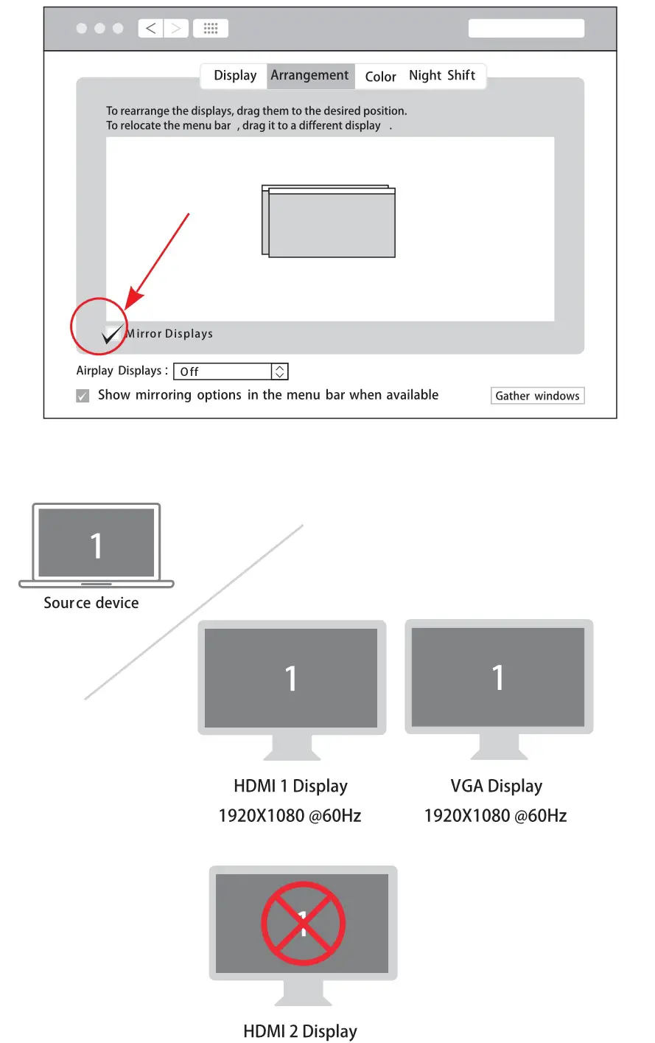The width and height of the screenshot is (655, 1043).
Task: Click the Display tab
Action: tap(235, 76)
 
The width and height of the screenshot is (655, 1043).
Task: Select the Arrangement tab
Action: tap(309, 76)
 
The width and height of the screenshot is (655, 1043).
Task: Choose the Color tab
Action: tap(380, 77)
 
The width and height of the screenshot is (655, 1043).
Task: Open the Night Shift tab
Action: tap(442, 76)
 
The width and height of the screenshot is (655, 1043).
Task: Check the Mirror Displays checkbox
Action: tap(112, 333)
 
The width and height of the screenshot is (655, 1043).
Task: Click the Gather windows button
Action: tap(537, 396)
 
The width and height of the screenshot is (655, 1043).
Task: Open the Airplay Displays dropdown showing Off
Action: tap(231, 371)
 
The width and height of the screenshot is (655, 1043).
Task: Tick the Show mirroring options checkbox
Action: tap(83, 396)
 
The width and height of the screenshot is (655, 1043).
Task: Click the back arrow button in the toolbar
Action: tap(151, 29)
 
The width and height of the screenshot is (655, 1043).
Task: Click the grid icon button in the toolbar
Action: tap(211, 29)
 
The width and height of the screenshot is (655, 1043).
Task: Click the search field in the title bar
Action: tap(526, 29)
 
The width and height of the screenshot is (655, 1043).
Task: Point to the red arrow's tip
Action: tap(127, 307)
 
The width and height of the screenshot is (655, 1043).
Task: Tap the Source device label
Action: tap(91, 603)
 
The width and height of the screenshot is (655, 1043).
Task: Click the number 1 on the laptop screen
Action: tap(97, 546)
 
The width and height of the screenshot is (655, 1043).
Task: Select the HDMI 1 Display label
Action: tap(290, 786)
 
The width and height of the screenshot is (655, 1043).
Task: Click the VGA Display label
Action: tap(496, 786)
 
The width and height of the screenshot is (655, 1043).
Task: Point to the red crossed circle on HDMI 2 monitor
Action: tap(303, 924)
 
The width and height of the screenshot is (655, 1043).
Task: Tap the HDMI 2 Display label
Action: tap(300, 1031)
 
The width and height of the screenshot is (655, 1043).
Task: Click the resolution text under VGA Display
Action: tap(495, 816)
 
